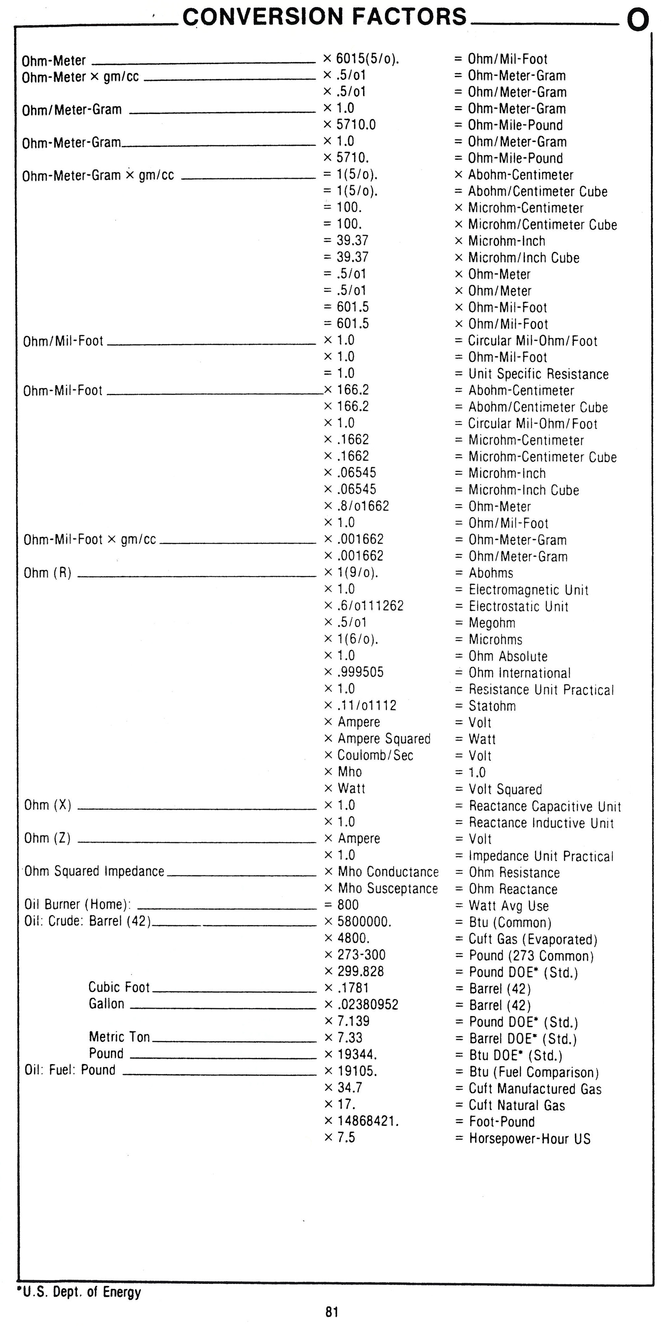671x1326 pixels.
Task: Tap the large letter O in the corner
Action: (x=637, y=21)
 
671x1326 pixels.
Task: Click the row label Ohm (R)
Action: (x=47, y=573)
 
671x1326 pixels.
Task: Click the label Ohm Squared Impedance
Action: (x=94, y=871)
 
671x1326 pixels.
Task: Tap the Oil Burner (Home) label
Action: (x=77, y=904)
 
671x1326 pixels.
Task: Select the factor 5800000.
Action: (x=364, y=921)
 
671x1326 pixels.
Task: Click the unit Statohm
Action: (x=492, y=706)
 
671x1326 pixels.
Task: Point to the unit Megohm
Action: (x=492, y=623)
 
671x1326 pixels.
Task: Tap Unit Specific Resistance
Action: (x=538, y=374)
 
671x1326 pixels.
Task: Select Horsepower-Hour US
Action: (x=529, y=1138)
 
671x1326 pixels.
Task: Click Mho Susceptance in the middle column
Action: (x=387, y=888)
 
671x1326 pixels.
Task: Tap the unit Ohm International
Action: (x=519, y=673)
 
